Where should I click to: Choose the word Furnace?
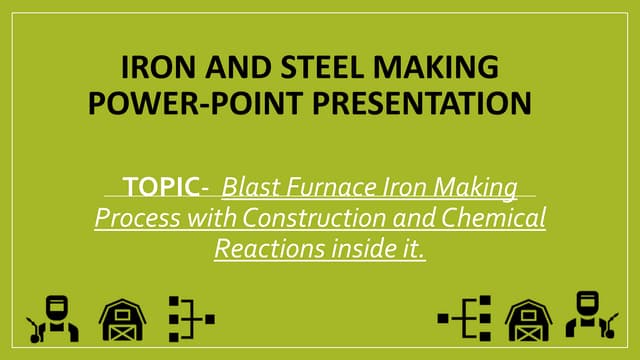(x=321, y=187)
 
